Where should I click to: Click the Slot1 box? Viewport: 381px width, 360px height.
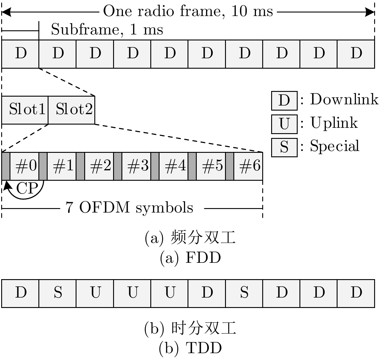[x=25, y=110]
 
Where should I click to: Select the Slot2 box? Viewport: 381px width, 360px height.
[x=72, y=110]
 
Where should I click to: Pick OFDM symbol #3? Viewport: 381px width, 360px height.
[x=137, y=166]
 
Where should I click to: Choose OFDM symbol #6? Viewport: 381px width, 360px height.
[x=248, y=166]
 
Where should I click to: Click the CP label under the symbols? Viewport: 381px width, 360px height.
[x=27, y=188]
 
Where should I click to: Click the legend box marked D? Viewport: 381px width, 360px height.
[x=284, y=100]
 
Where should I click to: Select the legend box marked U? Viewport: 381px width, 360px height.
[x=284, y=124]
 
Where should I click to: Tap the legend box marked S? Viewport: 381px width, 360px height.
[x=284, y=147]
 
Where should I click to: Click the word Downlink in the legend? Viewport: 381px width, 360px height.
[x=344, y=99]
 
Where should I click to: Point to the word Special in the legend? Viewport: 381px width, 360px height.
[x=335, y=146]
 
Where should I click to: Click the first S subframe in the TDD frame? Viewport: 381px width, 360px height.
[x=58, y=293]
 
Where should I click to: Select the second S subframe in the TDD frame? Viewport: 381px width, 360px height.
[x=244, y=293]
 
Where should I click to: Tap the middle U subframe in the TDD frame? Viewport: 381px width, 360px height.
[x=132, y=293]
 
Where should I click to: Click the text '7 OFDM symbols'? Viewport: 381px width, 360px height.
[x=129, y=208]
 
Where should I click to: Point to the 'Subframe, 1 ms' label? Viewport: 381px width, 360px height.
[x=107, y=30]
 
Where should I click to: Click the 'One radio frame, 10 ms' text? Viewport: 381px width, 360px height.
[x=188, y=11]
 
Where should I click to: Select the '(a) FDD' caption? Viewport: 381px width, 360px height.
[x=190, y=258]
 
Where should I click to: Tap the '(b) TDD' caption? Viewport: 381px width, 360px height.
[x=190, y=348]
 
